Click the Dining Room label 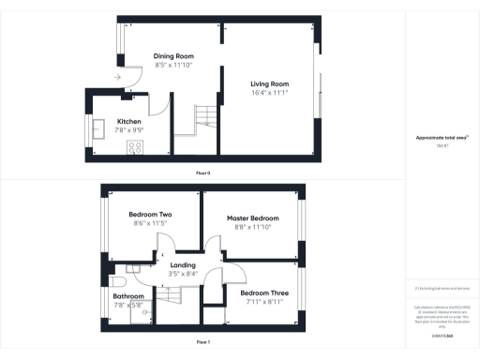172,56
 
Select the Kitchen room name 129,122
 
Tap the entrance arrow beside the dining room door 118,77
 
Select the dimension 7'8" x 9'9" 129,130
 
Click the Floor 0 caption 202,172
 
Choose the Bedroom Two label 150,215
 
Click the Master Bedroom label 252,217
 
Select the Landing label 183,265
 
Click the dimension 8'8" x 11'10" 252,226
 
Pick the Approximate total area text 442,138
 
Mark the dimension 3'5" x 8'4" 183,274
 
